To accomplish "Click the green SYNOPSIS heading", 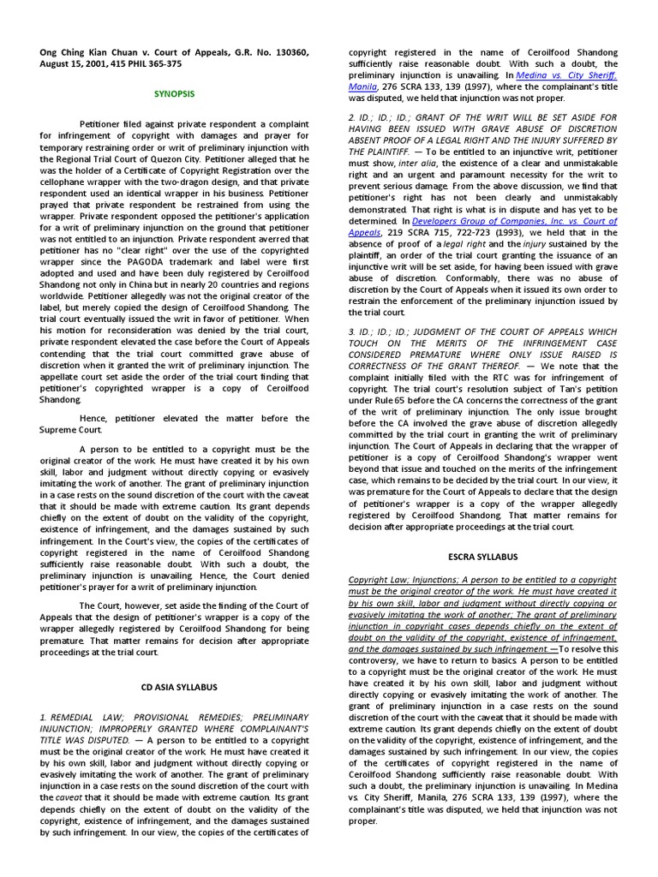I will coord(174,92).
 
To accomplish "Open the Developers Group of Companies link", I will coord(523,220).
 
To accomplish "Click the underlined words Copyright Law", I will coord(378,580).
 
